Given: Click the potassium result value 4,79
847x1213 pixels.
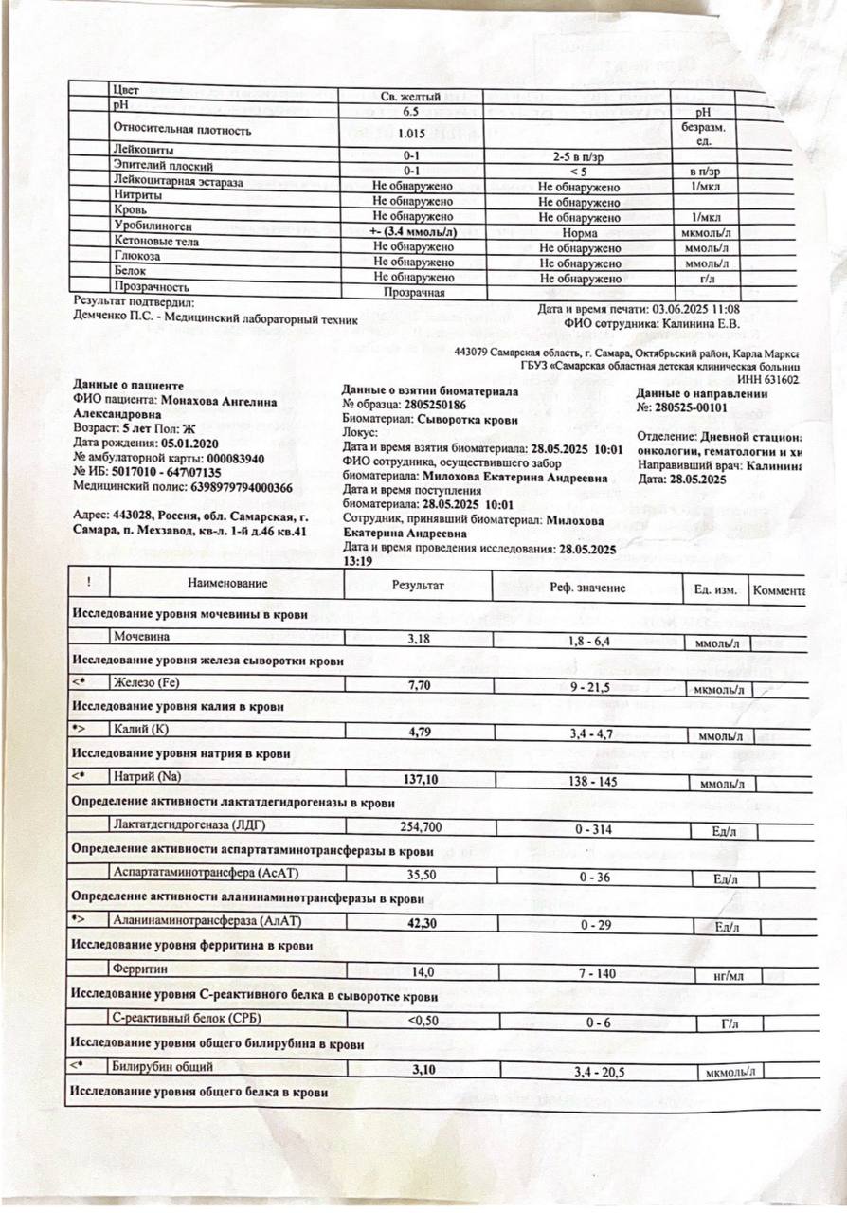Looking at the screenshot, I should point(419,731).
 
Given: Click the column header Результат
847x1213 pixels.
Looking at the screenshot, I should point(418,585).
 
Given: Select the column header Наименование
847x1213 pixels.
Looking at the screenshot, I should point(227,584).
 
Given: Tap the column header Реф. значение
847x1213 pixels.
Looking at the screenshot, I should point(587,587).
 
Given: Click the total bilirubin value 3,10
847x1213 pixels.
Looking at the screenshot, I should point(419,1068).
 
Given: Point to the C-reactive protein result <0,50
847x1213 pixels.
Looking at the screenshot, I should point(419,1020).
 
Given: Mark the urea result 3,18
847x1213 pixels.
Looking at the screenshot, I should point(419,639).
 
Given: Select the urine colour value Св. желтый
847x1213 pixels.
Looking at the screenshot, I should point(409,96).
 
